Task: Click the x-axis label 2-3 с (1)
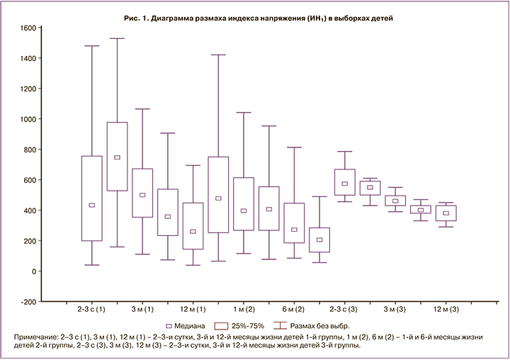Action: point(91,310)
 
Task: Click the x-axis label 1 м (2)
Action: point(244,310)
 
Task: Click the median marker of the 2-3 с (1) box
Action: point(91,206)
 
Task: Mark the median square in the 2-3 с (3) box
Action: point(345,184)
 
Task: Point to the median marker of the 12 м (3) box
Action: point(446,213)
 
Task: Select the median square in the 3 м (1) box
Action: point(142,195)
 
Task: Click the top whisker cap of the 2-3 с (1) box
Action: point(91,46)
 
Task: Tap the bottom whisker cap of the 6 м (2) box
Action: point(295,258)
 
